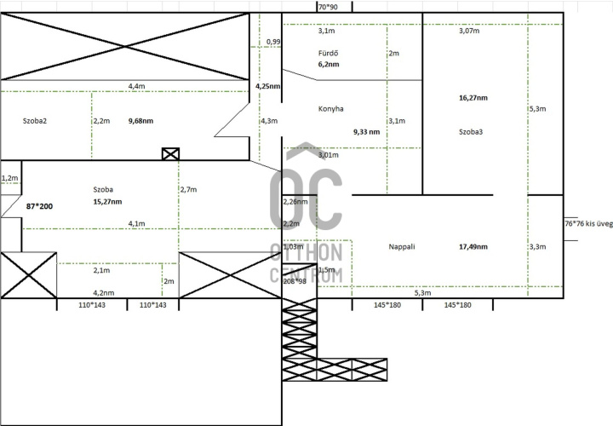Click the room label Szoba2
coord(34,121)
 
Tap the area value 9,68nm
coord(140,121)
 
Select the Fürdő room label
coord(329,53)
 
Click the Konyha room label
coord(331,109)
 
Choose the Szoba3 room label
coord(471,132)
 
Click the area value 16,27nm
coord(473,98)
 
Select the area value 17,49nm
coord(473,247)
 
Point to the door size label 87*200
coord(40,207)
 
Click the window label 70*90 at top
coord(327,7)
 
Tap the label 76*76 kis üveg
coord(588,223)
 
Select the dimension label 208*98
coord(295,280)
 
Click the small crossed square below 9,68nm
coord(170,154)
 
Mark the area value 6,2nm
coord(329,64)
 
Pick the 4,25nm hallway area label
coord(267,86)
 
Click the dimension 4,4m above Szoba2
coord(136,86)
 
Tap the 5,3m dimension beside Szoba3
coord(537,109)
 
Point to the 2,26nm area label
coord(295,202)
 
